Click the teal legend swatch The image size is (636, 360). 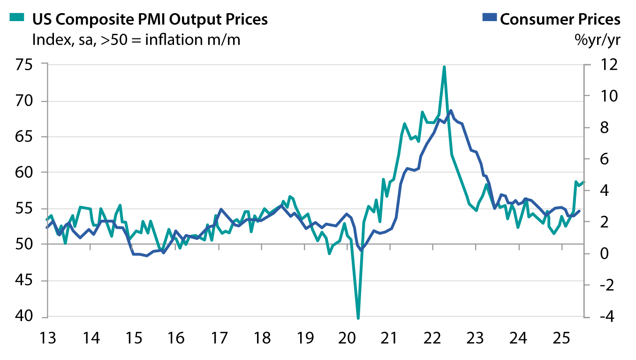point(17,17)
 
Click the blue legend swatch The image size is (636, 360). point(489,17)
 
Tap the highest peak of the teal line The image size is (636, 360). point(444,66)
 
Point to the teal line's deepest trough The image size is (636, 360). point(358,318)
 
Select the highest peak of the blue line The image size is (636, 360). point(450,111)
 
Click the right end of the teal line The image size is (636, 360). point(584,181)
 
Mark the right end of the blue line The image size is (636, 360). point(580,211)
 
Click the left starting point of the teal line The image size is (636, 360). point(47,219)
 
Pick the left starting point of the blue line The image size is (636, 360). point(47,227)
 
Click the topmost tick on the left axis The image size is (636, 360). point(45,63)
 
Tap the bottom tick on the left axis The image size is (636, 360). point(45,317)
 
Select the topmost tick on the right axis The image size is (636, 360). point(587,65)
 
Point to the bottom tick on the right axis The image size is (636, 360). point(587,317)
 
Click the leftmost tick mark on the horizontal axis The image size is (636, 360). point(91,247)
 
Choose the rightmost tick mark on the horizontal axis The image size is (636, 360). point(562,247)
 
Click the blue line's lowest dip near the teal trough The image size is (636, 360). point(361,250)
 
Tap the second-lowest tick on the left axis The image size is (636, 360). point(45,281)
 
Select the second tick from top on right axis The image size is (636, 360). point(587,96)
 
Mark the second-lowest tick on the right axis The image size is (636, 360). point(587,285)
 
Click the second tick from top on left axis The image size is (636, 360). point(45,101)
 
